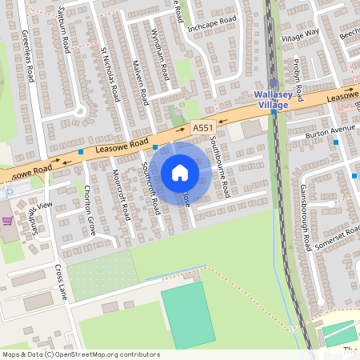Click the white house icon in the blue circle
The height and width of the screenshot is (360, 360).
[x=180, y=173]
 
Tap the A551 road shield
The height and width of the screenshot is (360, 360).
[x=203, y=127]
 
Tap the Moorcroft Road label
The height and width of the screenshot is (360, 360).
[x=122, y=194]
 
